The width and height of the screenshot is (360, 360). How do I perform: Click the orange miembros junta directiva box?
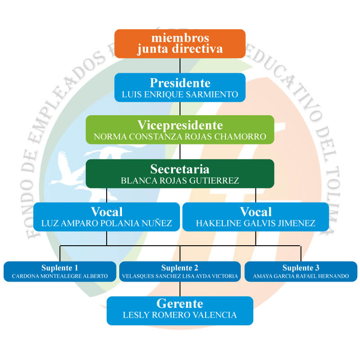[180, 44]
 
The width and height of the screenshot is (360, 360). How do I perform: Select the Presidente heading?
[180, 83]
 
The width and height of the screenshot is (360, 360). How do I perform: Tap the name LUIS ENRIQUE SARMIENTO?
[180, 94]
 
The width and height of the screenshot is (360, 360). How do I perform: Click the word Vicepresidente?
[180, 126]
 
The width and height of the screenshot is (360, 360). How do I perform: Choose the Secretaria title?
[180, 169]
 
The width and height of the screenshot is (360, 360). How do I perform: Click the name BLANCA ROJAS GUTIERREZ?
[180, 181]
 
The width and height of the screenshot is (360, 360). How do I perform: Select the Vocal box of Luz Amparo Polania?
[107, 217]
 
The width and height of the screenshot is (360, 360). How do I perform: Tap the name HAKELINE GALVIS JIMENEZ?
[256, 223]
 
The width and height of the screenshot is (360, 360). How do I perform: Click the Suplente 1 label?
[60, 268]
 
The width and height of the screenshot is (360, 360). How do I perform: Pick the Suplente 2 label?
[180, 268]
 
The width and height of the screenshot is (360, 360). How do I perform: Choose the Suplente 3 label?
[301, 268]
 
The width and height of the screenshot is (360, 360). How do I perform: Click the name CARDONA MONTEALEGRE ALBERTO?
[60, 276]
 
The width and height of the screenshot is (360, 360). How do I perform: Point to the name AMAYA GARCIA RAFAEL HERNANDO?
[301, 276]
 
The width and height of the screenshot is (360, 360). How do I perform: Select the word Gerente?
[180, 303]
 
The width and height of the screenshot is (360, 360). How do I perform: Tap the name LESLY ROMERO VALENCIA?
[180, 315]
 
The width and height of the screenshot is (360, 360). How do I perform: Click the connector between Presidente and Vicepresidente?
[180, 108]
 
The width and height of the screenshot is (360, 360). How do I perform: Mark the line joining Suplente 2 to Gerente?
[180, 289]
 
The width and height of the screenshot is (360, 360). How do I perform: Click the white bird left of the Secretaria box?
[67, 170]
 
